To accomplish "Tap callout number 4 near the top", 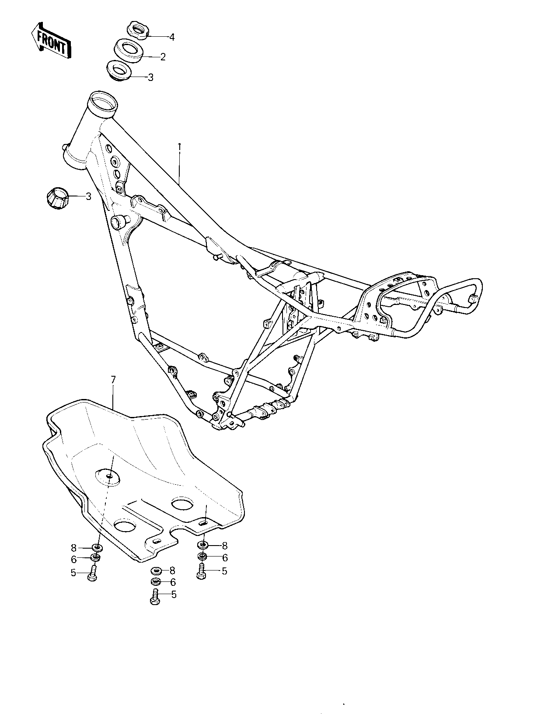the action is tap(172, 37).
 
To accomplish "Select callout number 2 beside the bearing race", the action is tap(163, 57).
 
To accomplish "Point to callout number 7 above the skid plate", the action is tap(113, 380).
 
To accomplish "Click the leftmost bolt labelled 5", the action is tap(93, 574).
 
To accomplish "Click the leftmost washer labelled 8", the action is tap(97, 547).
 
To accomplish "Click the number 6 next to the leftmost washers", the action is tap(73, 559).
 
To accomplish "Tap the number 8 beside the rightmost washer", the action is tap(225, 546).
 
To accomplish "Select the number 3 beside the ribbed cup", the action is tap(88, 196).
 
